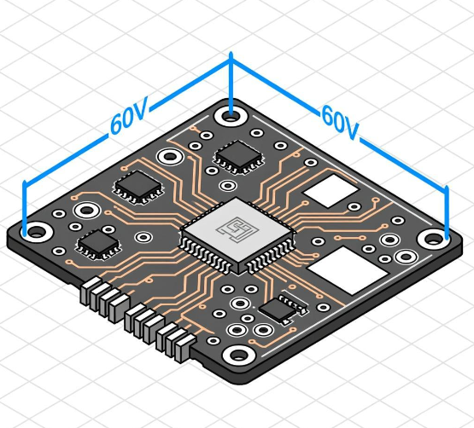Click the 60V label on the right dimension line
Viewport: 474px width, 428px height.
340,120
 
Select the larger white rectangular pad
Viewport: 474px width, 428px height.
349,271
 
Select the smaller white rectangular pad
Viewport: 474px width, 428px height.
331,191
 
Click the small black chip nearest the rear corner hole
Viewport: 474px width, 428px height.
238,155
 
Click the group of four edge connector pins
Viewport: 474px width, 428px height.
102,298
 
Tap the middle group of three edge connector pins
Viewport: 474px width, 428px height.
141,321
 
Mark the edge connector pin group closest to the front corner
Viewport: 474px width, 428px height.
174,340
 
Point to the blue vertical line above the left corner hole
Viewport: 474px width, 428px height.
26,205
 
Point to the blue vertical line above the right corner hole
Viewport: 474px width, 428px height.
447,209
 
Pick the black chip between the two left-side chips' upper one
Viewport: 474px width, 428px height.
137,187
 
